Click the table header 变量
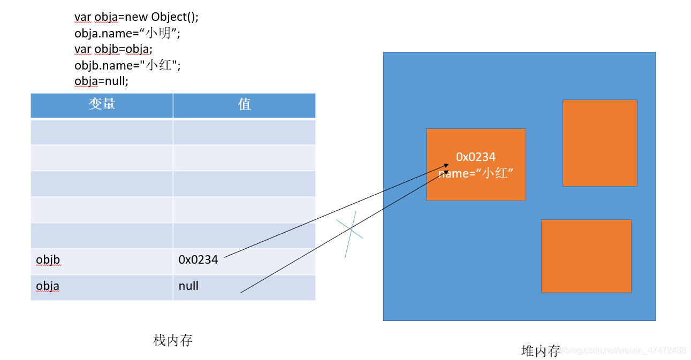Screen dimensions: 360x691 tap(102, 104)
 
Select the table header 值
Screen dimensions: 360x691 tap(244, 104)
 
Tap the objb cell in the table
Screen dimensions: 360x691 tap(48, 260)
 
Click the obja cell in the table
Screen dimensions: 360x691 tap(48, 286)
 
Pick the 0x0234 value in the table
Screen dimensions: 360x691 tap(198, 260)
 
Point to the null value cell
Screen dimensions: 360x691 tap(188, 286)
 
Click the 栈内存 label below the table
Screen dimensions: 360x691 tap(173, 340)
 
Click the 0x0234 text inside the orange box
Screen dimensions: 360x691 tap(476, 157)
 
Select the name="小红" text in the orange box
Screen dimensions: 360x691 tap(476, 173)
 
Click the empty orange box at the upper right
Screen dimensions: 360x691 tap(599, 143)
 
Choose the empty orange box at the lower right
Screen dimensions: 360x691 tap(586, 256)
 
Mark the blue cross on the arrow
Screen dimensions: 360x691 tap(351, 230)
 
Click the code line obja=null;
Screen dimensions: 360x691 tap(102, 81)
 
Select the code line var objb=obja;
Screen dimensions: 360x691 tap(113, 49)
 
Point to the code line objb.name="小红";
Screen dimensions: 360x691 tap(127, 65)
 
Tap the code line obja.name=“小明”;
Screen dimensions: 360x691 tap(127, 33)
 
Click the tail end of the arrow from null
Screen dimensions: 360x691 tap(241, 292)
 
